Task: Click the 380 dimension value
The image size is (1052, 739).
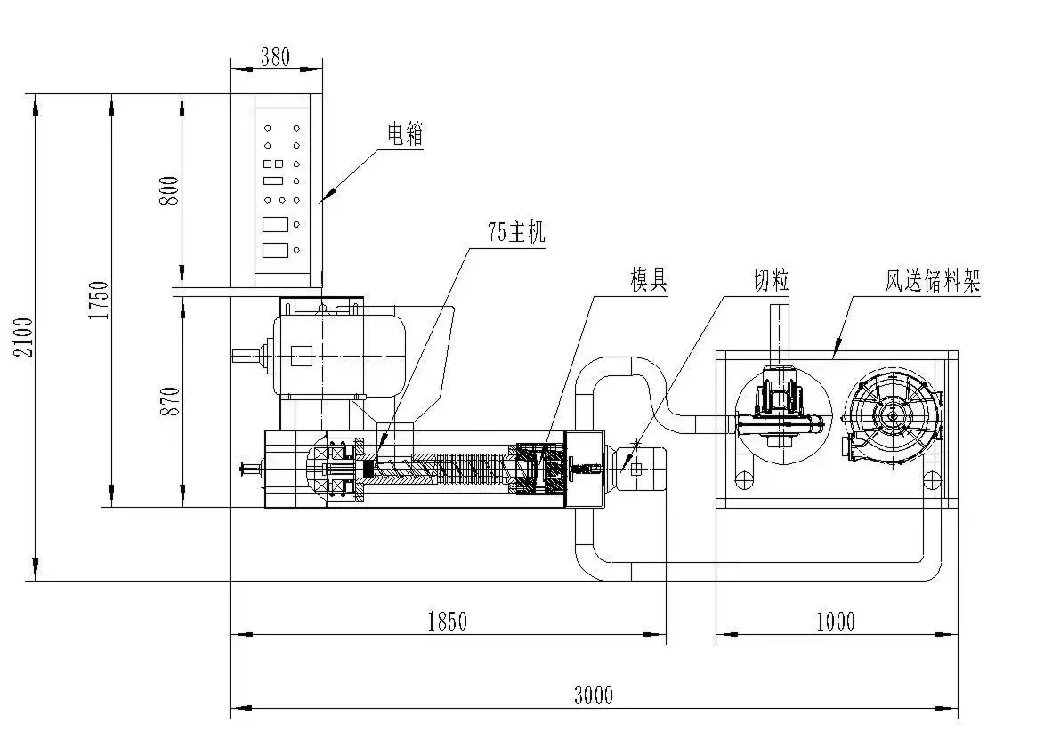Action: (275, 57)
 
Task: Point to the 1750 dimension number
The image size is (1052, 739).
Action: (99, 300)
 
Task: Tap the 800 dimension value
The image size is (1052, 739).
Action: (170, 190)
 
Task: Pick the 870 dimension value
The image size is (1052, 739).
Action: (170, 401)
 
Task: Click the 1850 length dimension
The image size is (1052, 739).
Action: (448, 622)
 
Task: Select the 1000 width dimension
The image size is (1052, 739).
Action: (836, 622)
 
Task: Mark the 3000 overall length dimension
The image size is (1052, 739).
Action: (594, 695)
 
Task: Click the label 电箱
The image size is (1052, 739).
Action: (405, 134)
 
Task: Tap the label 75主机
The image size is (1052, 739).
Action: (516, 232)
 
